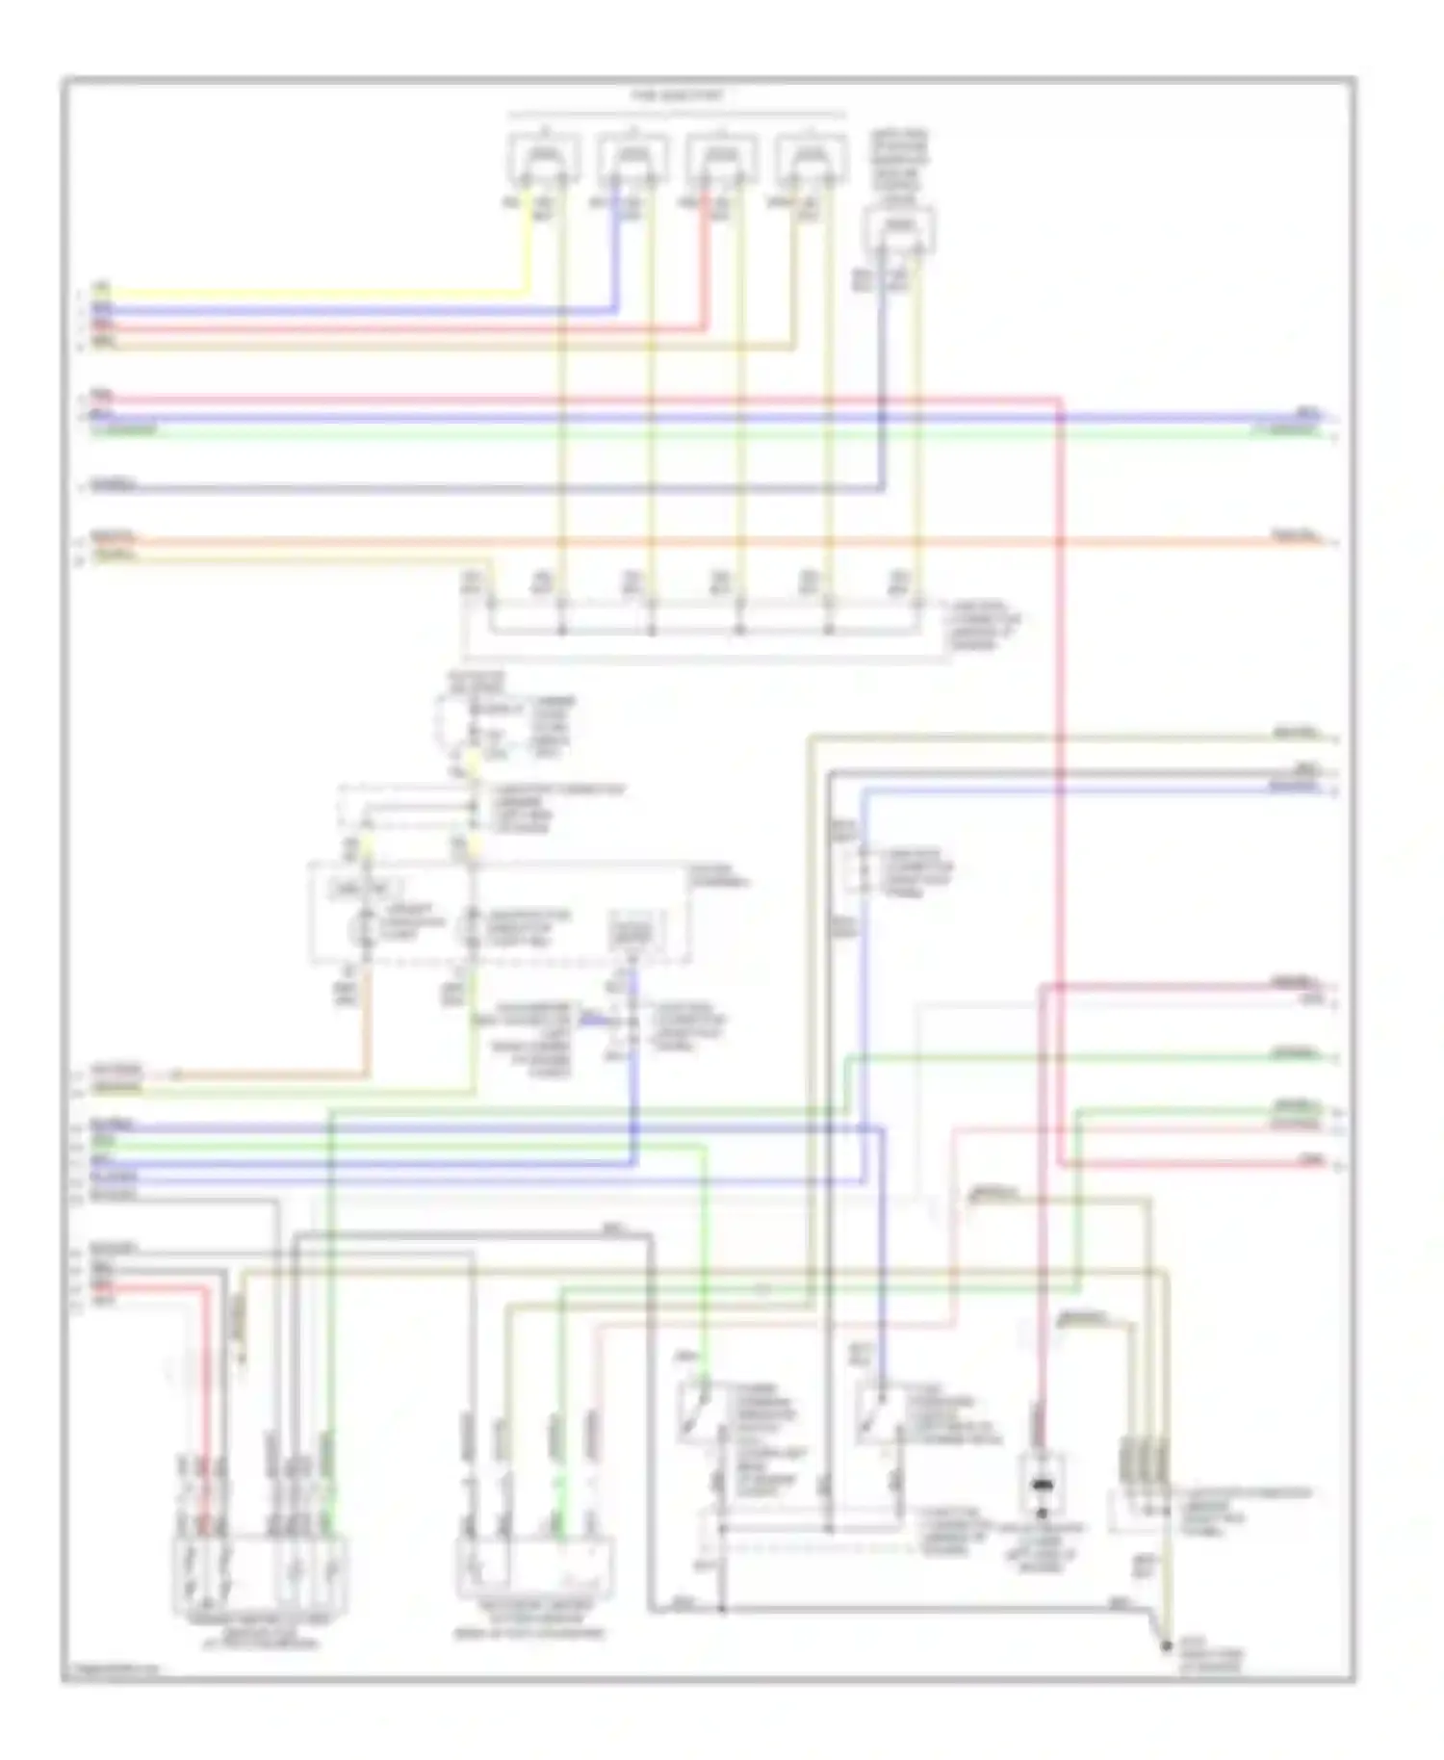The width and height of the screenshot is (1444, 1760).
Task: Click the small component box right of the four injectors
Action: point(899,229)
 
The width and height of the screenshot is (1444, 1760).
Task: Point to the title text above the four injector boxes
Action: point(677,96)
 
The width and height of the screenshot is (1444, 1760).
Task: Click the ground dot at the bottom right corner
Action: point(1166,1646)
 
